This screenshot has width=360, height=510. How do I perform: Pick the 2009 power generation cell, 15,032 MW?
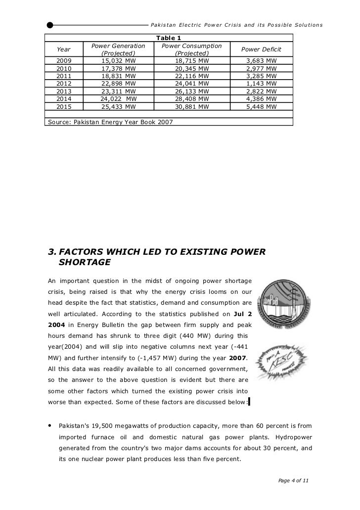pyautogui.click(x=118, y=61)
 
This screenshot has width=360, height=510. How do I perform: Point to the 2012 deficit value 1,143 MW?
pyautogui.click(x=261, y=84)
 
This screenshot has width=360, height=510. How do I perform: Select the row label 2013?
pyautogui.click(x=64, y=91)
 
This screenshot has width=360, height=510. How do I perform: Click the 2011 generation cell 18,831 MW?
pyautogui.click(x=118, y=76)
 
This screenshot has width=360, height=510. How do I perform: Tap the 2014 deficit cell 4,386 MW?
pyautogui.click(x=261, y=99)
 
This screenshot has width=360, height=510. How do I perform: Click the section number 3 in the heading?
pyautogui.click(x=50, y=252)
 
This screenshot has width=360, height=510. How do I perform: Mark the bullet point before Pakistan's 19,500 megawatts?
pyautogui.click(x=49, y=425)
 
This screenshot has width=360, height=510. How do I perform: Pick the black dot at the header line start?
pyautogui.click(x=50, y=25)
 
